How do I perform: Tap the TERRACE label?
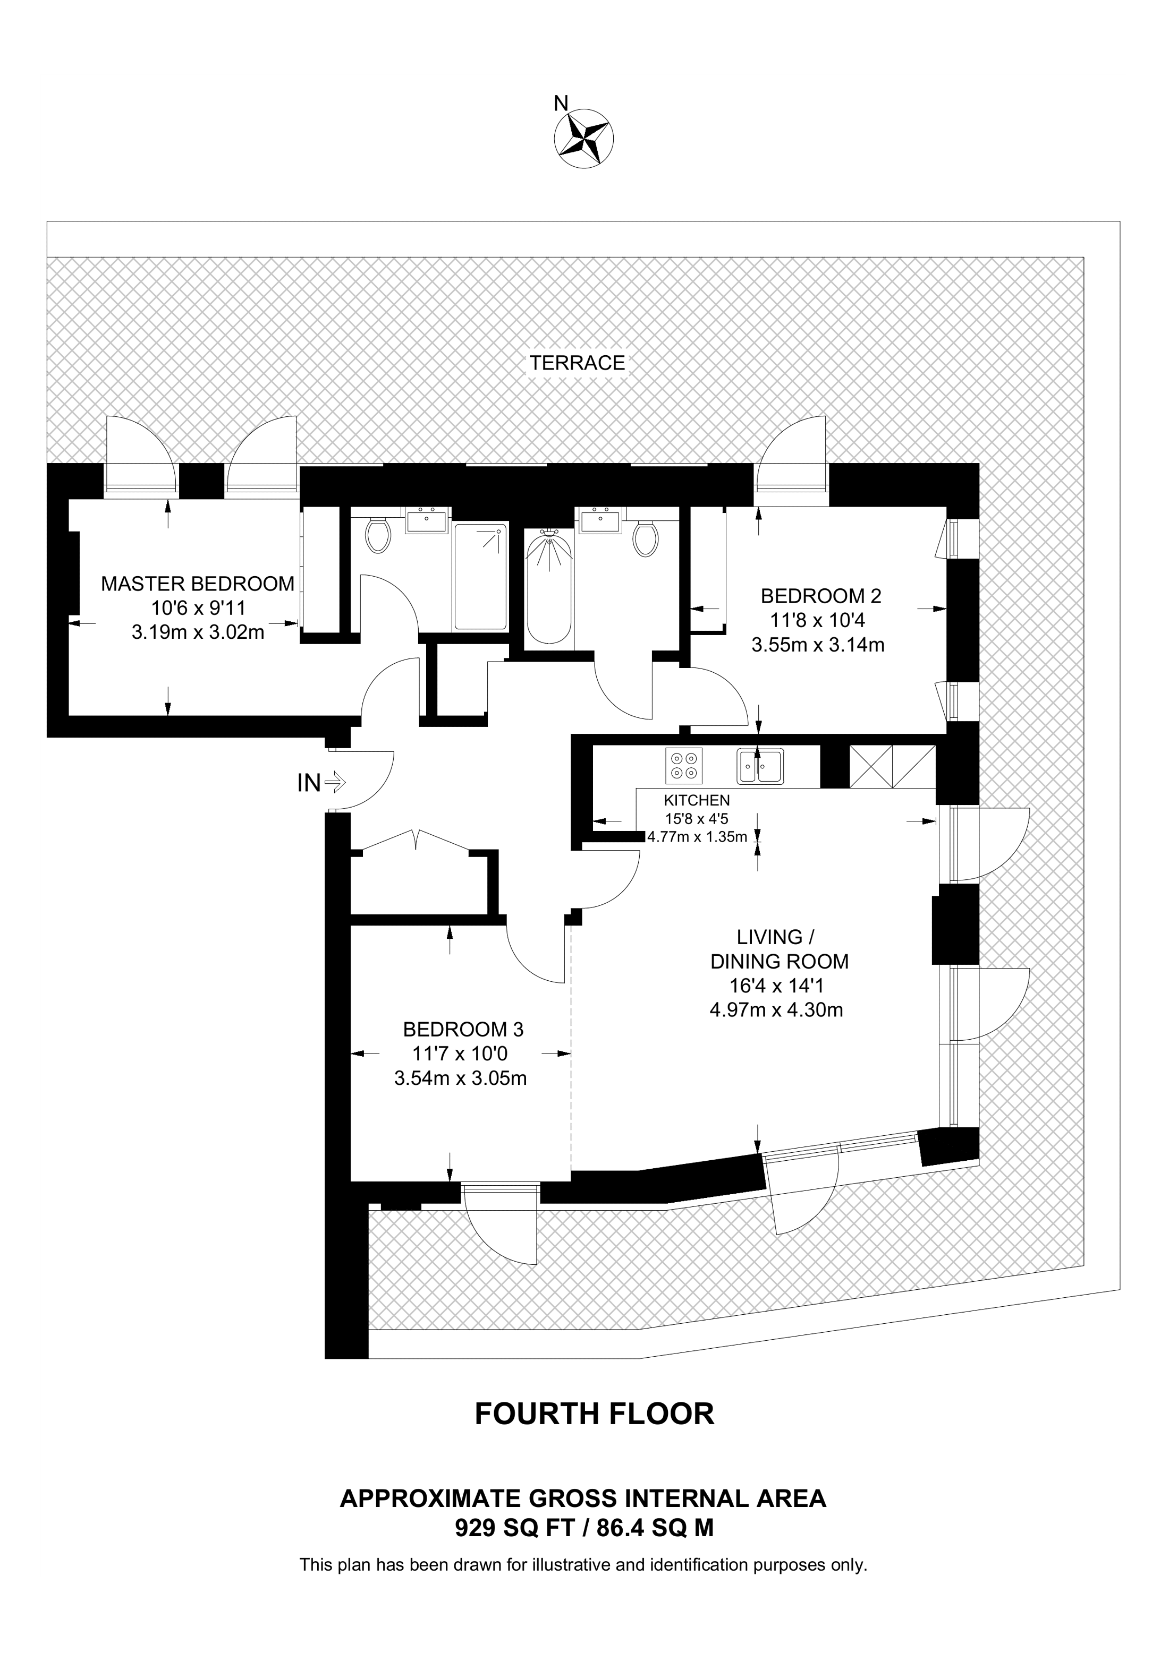[x=578, y=363]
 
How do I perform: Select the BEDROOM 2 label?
[x=821, y=596]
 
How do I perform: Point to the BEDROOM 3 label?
[x=463, y=1030]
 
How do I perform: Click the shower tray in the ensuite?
[x=480, y=577]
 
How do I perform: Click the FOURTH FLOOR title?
[x=594, y=1414]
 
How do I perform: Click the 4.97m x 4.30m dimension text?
[x=776, y=1010]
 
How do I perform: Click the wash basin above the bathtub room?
[x=600, y=520]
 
